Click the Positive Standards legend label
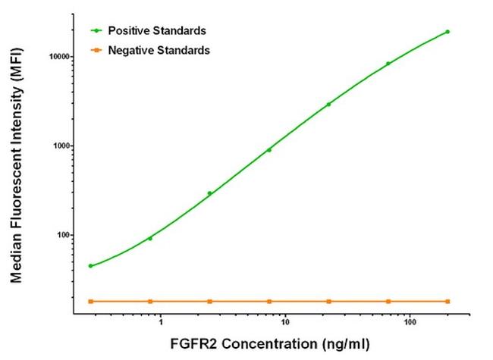156,30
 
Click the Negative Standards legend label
159,50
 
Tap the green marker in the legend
96,30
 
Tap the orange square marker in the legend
96,50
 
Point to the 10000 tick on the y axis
56,57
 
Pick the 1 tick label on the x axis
161,321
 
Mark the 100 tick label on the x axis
409,321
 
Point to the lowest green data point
91,266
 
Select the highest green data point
447,32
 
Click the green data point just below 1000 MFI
268,150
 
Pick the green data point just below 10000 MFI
388,64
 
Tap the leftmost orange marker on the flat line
91,302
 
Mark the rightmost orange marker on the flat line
447,302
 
